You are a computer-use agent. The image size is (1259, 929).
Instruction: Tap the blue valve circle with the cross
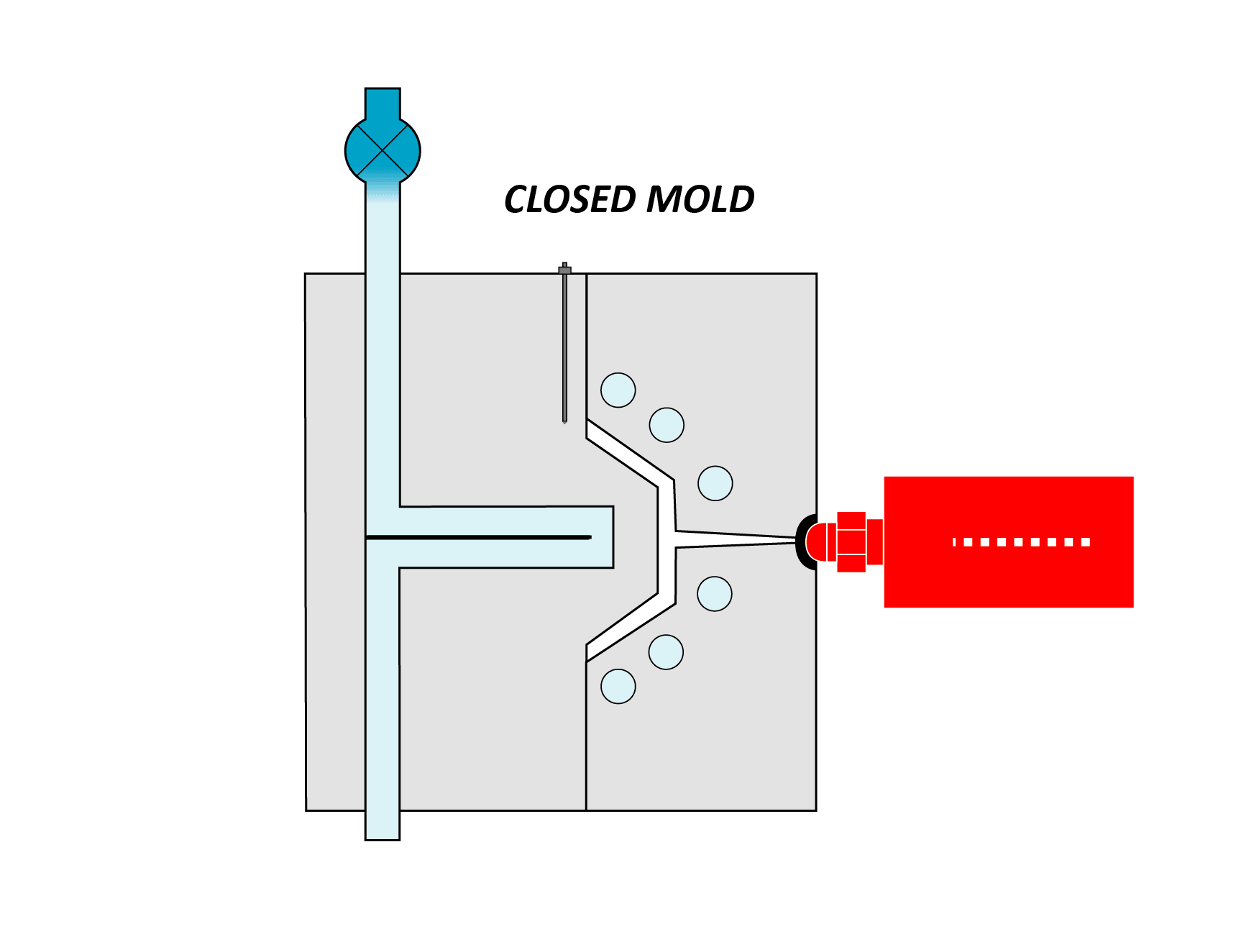[383, 150]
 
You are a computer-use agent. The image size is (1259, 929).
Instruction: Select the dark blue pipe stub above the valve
[383, 103]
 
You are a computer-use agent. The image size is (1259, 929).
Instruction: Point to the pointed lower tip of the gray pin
[564, 421]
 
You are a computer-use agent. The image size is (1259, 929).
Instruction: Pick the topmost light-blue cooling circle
[618, 390]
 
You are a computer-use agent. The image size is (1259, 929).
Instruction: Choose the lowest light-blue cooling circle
[618, 686]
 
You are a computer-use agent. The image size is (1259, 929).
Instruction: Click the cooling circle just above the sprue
[715, 483]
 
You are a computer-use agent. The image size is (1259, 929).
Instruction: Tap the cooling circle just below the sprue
[715, 594]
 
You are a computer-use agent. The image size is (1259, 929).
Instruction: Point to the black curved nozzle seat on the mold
[804, 541]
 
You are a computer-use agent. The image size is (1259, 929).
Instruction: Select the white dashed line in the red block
[1021, 542]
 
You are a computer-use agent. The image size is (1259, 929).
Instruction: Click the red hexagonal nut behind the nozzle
[851, 541]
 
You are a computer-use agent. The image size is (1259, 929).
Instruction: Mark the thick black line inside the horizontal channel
[478, 537]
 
